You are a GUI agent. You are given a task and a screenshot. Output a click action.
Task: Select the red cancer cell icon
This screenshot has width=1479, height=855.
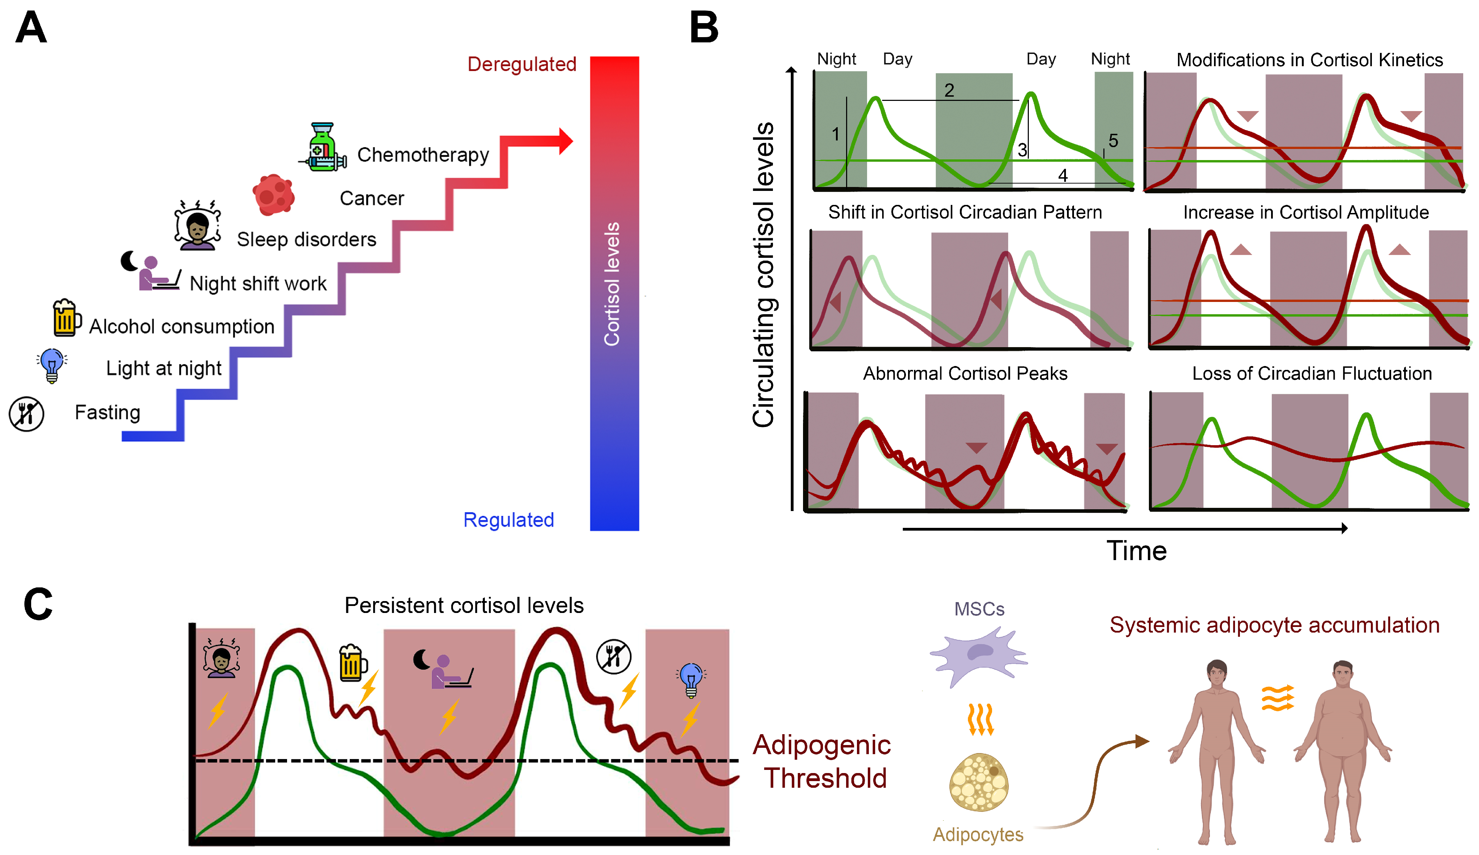click(273, 194)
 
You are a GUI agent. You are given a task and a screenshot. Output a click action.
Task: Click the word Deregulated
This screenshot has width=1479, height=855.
click(521, 64)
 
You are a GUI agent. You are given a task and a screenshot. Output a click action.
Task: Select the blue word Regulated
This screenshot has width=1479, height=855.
click(508, 520)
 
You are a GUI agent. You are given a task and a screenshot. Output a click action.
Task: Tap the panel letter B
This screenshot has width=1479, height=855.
click(704, 28)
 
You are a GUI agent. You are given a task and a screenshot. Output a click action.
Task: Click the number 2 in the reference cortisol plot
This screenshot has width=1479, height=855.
click(949, 90)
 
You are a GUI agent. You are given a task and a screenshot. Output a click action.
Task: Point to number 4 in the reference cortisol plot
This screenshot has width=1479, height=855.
click(1063, 175)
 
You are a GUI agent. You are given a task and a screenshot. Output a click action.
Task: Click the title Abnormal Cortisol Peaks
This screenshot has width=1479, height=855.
click(965, 373)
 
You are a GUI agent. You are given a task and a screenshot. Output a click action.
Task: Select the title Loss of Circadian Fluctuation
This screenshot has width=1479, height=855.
click(1312, 373)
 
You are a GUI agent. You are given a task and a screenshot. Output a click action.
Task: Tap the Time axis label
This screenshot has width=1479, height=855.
click(1136, 551)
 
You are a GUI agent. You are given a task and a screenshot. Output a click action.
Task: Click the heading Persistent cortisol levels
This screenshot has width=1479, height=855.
click(464, 605)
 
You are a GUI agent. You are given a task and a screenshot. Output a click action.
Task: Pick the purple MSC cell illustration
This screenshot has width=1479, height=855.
click(978, 655)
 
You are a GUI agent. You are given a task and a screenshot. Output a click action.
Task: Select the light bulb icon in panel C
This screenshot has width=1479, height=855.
click(691, 680)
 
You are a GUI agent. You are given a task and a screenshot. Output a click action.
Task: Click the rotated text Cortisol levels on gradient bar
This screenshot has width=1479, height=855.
click(612, 284)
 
